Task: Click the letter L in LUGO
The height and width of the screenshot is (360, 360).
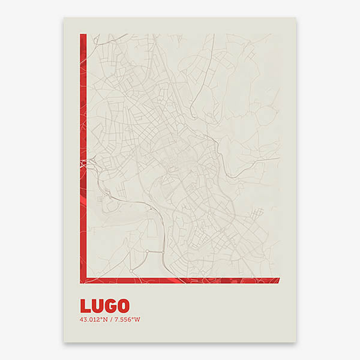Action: (x=85, y=306)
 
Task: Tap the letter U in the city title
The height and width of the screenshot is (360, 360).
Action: (x=97, y=306)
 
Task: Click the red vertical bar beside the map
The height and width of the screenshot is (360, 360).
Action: (x=83, y=150)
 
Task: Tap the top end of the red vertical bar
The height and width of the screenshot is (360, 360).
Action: (x=83, y=35)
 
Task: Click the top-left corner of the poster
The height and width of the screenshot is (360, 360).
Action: (x=64, y=17)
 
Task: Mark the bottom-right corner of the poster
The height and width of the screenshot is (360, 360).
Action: (x=296, y=343)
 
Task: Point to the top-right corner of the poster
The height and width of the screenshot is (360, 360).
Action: (x=296, y=17)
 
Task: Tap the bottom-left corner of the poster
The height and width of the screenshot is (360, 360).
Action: (x=64, y=343)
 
